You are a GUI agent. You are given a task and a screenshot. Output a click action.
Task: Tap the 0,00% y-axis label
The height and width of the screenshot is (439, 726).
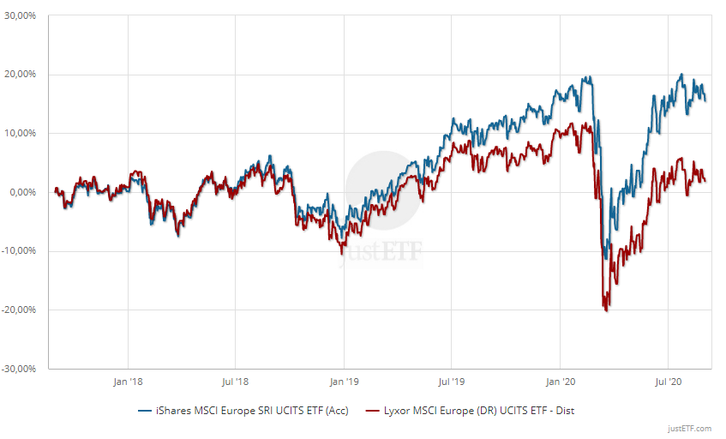point(25,192)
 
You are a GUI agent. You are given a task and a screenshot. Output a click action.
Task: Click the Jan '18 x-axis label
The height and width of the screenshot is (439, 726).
point(128,380)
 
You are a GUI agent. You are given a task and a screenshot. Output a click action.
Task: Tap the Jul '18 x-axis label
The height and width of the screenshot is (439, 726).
point(236,380)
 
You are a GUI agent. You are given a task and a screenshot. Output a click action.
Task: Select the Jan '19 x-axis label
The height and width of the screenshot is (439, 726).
point(344,380)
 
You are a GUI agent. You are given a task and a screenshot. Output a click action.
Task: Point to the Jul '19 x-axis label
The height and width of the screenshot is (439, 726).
point(452,380)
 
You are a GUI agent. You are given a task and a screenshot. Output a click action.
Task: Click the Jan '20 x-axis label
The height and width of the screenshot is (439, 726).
point(561,380)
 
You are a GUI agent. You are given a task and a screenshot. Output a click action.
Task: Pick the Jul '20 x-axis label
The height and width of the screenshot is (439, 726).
point(668,380)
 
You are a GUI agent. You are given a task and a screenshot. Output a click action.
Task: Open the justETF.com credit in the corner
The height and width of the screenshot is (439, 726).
point(689,428)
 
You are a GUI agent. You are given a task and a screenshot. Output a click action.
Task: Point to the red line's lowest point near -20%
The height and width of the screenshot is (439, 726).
point(607,310)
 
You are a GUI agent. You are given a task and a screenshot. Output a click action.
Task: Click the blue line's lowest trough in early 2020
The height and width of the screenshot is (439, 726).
point(606,258)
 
